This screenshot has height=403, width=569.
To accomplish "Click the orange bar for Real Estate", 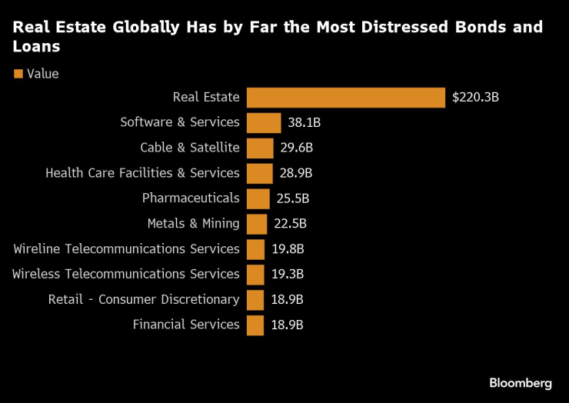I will [345, 98].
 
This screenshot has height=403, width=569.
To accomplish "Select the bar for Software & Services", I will [264, 122].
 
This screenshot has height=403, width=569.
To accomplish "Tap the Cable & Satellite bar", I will [260, 148].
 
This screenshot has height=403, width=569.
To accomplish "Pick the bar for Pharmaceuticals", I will [258, 198].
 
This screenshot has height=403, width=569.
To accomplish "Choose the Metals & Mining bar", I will [257, 224].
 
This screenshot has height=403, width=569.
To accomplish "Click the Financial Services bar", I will [255, 325].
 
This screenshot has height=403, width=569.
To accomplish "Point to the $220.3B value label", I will [475, 98].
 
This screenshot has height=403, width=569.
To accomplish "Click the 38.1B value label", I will [304, 122].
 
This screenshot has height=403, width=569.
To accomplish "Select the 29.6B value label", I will [297, 148].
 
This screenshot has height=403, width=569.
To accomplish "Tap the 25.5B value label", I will [293, 198].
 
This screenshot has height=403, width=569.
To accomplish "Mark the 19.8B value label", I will [288, 249].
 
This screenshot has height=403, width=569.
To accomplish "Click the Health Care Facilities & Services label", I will [142, 173].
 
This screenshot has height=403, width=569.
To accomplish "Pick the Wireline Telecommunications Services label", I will [127, 249].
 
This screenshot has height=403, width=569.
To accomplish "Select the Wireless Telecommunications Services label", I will [126, 274].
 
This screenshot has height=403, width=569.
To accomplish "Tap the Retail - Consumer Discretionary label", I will [144, 299].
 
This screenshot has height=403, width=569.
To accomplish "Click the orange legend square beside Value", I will [18, 74].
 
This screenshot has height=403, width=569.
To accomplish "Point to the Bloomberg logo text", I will [521, 383].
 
